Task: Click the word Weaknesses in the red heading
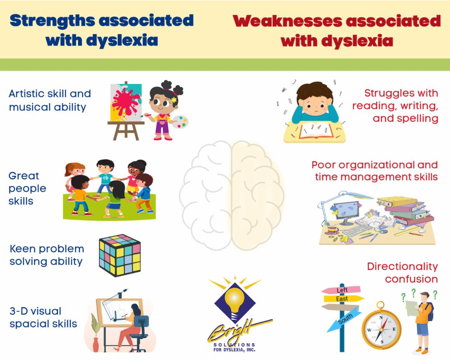coord(288,21)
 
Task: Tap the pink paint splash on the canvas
coord(126,101)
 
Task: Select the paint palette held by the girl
coord(181,121)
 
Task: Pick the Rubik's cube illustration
coord(120,255)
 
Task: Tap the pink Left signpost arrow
coord(341,290)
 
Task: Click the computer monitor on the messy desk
coord(346,211)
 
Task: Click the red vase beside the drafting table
coord(96,345)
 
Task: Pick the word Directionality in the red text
coord(402,267)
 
